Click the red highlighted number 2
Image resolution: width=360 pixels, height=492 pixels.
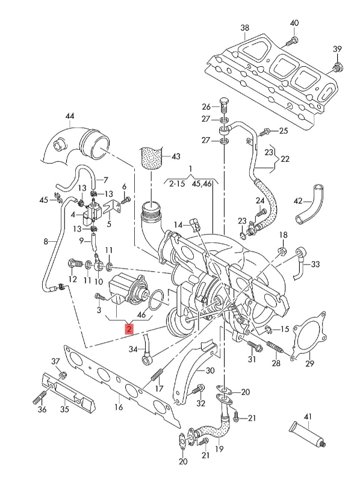click(x=128, y=328)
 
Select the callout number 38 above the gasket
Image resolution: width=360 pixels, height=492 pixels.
click(x=244, y=28)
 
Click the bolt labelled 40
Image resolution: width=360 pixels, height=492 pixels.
click(x=293, y=41)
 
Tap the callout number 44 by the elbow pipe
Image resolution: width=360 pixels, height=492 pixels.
click(x=70, y=115)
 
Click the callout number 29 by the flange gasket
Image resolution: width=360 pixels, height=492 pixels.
click(x=310, y=363)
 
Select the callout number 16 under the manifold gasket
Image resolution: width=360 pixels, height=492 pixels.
click(x=118, y=408)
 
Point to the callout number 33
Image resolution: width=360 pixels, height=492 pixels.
click(x=332, y=264)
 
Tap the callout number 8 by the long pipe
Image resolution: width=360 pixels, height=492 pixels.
click(x=45, y=242)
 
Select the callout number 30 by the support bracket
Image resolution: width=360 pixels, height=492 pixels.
click(x=209, y=371)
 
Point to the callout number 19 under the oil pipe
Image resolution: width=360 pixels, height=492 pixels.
click(x=219, y=449)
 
